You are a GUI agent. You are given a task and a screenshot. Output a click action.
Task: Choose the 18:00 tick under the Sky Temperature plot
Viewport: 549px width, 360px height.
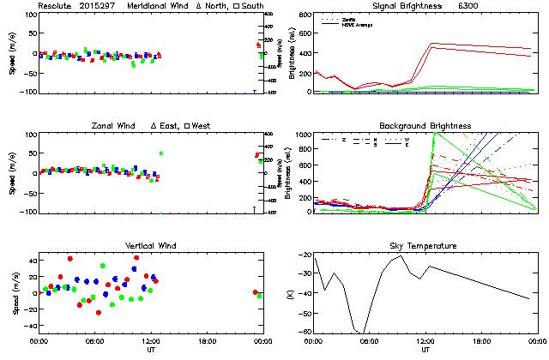pos(481,341)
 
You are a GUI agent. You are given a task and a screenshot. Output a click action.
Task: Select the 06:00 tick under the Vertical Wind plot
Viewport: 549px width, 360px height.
pos(94,341)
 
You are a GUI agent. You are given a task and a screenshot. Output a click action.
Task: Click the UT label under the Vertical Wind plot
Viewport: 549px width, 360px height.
pos(151,350)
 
